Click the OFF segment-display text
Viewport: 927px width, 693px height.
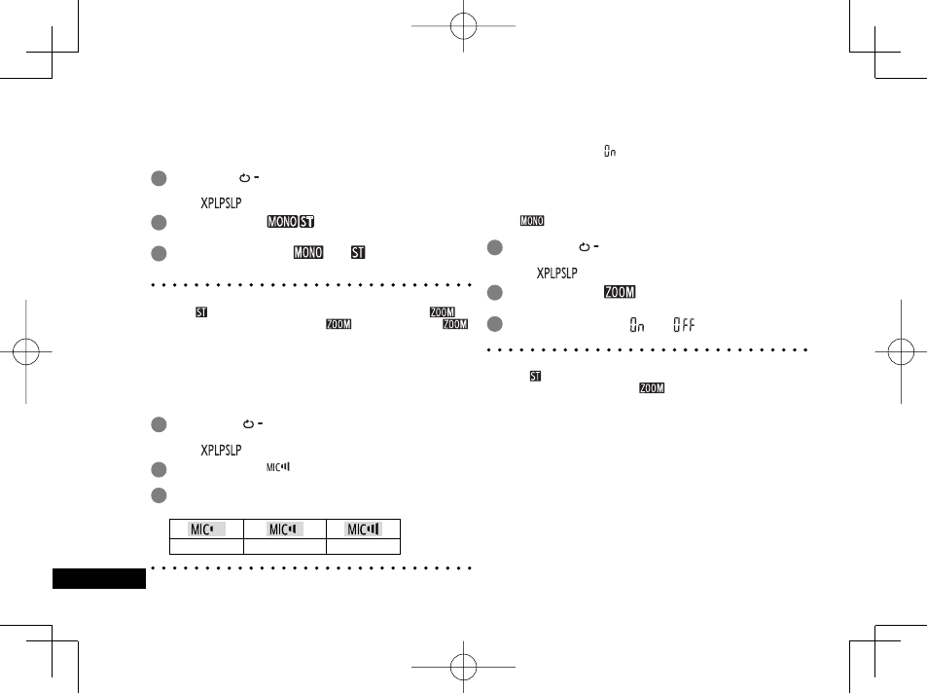click(684, 325)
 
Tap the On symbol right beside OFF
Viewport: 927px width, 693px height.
click(637, 325)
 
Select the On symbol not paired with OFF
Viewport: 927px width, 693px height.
click(610, 151)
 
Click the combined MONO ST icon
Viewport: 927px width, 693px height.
click(290, 221)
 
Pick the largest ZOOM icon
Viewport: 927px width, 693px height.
click(620, 292)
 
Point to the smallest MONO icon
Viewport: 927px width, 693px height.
click(532, 221)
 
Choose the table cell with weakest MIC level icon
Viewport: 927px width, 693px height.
click(206, 529)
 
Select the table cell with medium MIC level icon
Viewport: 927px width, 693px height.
click(285, 529)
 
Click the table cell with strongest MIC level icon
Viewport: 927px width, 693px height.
click(364, 529)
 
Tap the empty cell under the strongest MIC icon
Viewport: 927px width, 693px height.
click(364, 546)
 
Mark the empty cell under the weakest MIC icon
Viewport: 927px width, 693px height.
click(206, 546)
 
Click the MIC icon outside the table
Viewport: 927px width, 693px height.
click(278, 467)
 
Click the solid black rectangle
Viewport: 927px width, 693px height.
click(99, 578)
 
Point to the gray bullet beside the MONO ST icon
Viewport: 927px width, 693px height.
click(159, 223)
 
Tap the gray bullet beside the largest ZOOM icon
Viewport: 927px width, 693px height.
click(495, 292)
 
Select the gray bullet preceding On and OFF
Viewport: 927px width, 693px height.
click(495, 324)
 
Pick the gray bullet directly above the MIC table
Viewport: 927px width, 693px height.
click(159, 495)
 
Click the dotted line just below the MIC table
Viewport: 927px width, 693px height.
click(311, 568)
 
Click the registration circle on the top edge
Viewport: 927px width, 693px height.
click(463, 26)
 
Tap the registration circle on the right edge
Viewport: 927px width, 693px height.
click(901, 351)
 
